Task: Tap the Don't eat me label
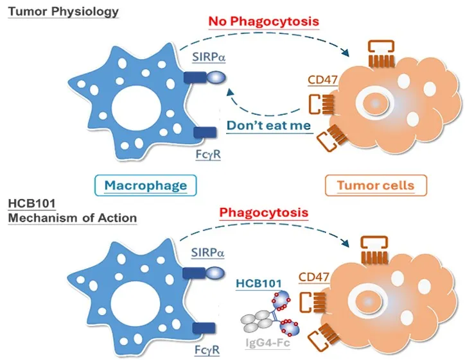[269, 126]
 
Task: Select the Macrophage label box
[146, 185]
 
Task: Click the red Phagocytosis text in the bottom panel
[274, 212]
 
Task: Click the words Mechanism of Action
[73, 217]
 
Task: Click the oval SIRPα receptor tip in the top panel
[215, 77]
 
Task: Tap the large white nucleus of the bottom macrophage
[132, 300]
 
